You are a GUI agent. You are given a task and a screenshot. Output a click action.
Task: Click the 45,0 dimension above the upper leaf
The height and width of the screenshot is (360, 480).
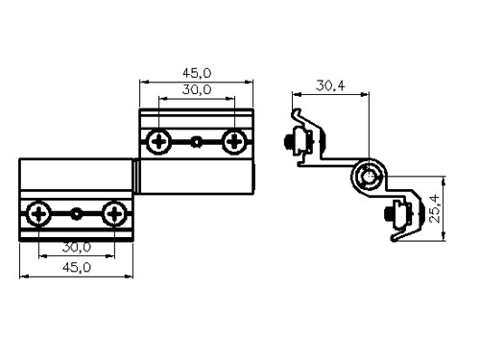pos(197,73)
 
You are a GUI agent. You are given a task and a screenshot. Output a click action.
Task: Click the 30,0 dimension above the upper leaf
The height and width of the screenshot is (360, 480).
pos(197,89)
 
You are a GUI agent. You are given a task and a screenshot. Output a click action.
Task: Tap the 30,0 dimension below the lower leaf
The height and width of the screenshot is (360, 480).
pos(77,247)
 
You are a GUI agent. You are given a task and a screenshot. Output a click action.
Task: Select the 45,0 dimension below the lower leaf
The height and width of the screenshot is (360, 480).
pos(77,267)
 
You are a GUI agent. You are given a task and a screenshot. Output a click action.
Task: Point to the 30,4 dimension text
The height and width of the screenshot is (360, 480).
pos(330,85)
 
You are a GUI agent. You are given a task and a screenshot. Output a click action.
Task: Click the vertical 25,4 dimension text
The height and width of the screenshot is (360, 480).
pos(436,208)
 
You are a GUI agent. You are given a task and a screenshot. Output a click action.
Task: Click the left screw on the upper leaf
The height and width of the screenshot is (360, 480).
pos(158,141)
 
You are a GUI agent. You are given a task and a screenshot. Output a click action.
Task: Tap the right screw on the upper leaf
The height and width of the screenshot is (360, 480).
pos(234,141)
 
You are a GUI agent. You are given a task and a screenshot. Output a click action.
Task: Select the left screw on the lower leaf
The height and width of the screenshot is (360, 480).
pos(38,213)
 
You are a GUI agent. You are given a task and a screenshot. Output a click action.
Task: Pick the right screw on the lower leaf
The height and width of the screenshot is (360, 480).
pos(114,213)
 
